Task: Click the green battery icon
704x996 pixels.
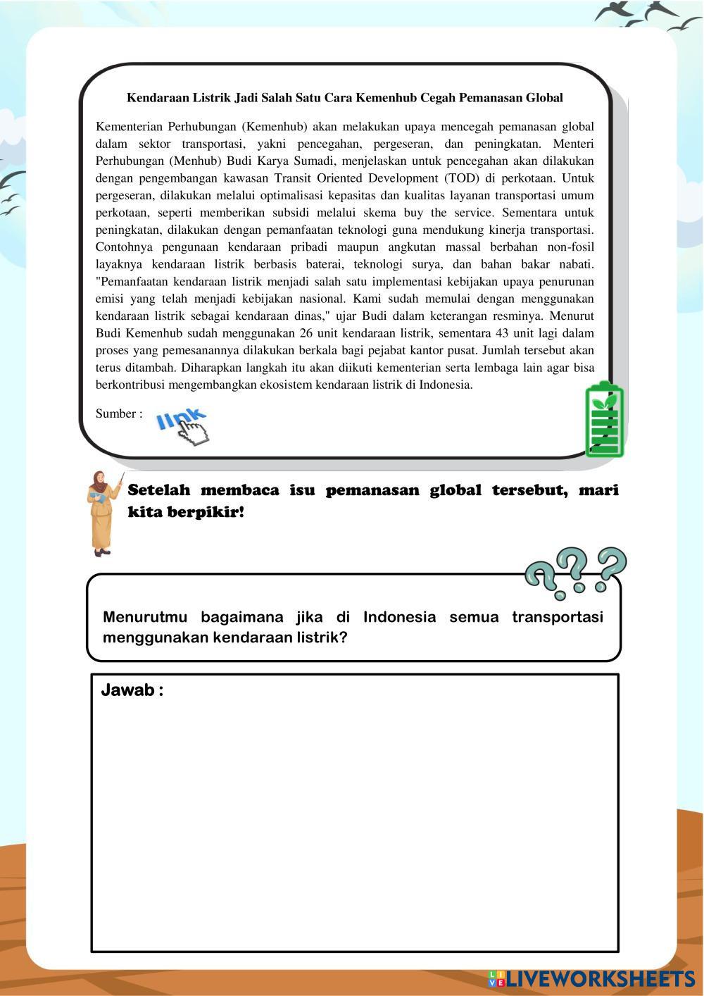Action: click(x=604, y=419)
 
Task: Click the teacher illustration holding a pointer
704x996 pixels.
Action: click(x=103, y=513)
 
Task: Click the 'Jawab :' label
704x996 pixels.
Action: click(x=132, y=690)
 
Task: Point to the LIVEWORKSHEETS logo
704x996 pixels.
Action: click(x=592, y=978)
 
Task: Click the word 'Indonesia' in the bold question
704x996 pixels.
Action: click(x=399, y=617)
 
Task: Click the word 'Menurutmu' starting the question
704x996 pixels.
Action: click(x=145, y=617)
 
